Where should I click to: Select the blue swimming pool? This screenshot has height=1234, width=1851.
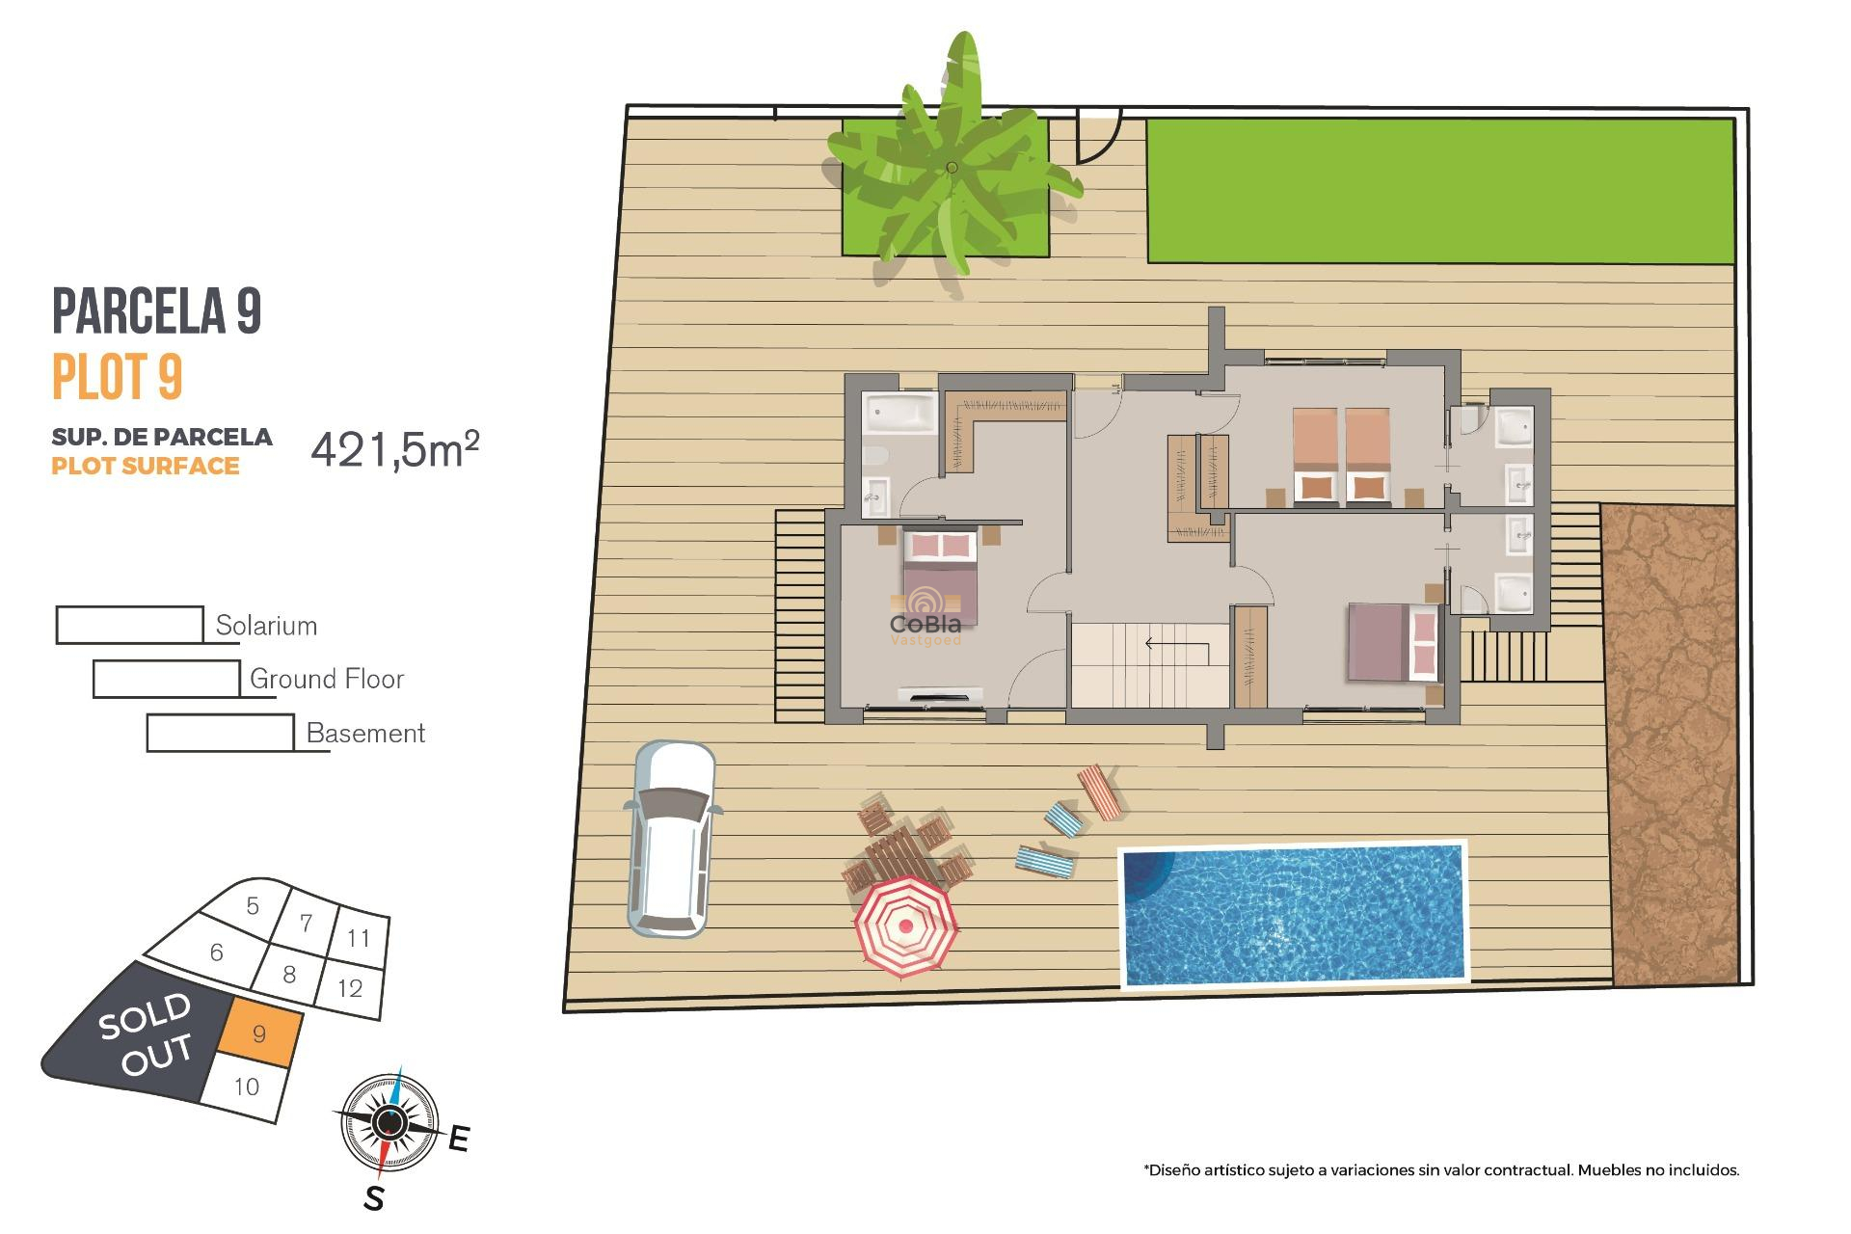click(x=1293, y=914)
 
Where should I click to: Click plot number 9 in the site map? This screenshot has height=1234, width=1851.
click(x=259, y=1034)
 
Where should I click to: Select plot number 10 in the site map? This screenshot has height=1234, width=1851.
click(x=247, y=1087)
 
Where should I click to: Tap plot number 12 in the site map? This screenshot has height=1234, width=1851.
click(x=350, y=988)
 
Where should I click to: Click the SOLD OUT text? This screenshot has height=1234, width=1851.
click(x=146, y=1033)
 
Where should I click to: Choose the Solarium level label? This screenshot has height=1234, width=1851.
click(x=266, y=626)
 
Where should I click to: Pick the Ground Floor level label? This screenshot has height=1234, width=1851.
click(x=327, y=680)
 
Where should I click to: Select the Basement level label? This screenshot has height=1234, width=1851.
click(x=365, y=734)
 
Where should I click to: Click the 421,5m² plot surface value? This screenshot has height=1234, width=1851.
click(x=394, y=449)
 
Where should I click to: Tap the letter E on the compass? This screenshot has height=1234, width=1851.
click(x=459, y=1140)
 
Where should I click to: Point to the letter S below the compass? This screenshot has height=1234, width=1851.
click(x=374, y=1199)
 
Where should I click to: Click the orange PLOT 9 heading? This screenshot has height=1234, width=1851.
click(x=117, y=377)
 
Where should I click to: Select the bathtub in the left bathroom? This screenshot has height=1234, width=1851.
click(x=899, y=414)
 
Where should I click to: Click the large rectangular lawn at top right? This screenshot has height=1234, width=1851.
click(x=1440, y=191)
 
